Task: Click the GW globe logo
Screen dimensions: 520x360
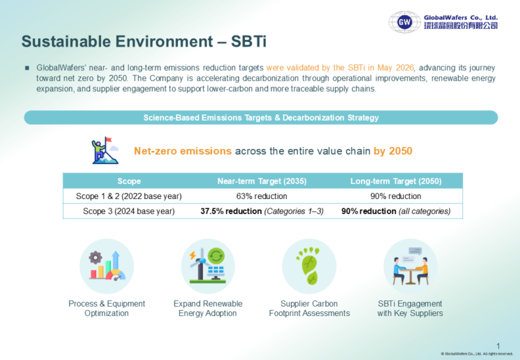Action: (x=405, y=22)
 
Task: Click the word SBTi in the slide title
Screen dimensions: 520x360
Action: (x=248, y=42)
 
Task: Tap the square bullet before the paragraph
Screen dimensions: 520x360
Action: (x=27, y=68)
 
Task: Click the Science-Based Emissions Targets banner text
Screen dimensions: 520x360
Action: (x=261, y=118)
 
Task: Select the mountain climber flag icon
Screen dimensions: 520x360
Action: (x=105, y=150)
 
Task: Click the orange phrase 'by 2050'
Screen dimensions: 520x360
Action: (x=393, y=151)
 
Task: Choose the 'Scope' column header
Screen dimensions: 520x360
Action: (x=129, y=181)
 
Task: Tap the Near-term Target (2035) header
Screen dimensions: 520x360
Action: (x=262, y=181)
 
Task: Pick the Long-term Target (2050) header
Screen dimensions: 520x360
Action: (x=396, y=181)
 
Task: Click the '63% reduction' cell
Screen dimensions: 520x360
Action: (x=261, y=196)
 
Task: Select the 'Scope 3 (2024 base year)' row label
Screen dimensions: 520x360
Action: (x=129, y=212)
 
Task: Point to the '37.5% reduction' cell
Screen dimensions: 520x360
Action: (x=231, y=211)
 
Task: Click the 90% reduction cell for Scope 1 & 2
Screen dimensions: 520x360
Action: (x=395, y=196)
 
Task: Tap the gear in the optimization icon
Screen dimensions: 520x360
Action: (x=95, y=258)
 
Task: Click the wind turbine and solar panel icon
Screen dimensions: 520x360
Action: (x=208, y=265)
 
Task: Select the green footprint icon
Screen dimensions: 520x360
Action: (x=309, y=265)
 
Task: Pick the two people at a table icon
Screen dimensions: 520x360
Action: (x=410, y=266)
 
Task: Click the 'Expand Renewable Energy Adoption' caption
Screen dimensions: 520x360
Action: (x=208, y=309)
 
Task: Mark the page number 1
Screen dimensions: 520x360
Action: (x=498, y=346)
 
